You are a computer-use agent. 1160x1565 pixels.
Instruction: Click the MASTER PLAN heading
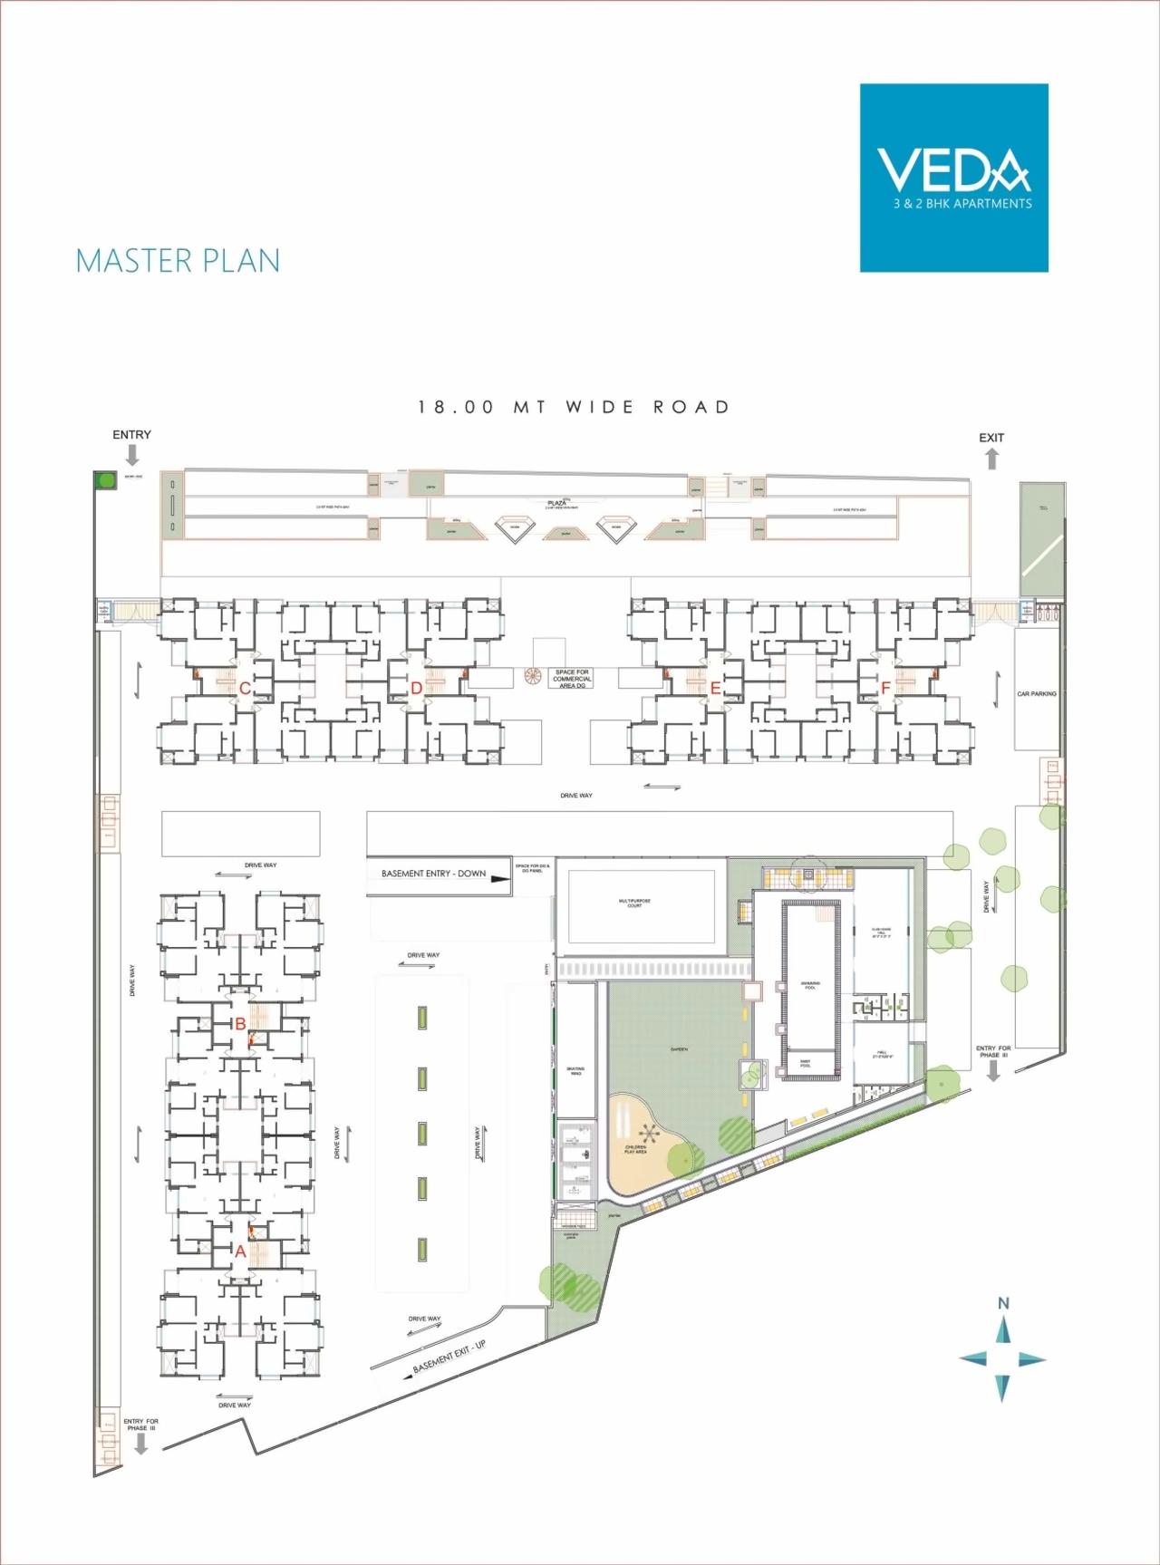pos(178,261)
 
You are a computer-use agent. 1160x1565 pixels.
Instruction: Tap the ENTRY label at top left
pos(131,435)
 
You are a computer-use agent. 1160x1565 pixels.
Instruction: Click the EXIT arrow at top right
pos(992,459)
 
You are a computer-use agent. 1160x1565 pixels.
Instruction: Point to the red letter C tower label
pos(245,689)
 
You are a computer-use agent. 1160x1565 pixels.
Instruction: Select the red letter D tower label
pos(416,689)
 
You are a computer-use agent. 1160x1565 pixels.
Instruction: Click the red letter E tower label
pos(715,689)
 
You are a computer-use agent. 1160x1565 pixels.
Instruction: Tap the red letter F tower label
pos(885,689)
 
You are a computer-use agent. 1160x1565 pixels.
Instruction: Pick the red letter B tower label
pos(240,1024)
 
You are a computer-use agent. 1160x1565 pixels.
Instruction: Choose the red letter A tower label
pos(240,1251)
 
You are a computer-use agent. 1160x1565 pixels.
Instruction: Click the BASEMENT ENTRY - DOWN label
pos(433,874)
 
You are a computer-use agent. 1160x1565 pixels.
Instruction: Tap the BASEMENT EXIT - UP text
pos(449,1357)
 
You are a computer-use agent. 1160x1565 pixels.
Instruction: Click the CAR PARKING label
pos(1037,694)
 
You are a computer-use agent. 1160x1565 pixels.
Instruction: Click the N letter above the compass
pos(1003,1303)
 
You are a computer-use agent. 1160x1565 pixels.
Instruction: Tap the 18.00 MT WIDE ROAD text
pos(574,408)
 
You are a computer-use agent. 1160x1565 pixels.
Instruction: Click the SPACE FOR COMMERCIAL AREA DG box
pos(572,679)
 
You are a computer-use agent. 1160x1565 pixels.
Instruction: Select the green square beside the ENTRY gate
pos(107,480)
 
